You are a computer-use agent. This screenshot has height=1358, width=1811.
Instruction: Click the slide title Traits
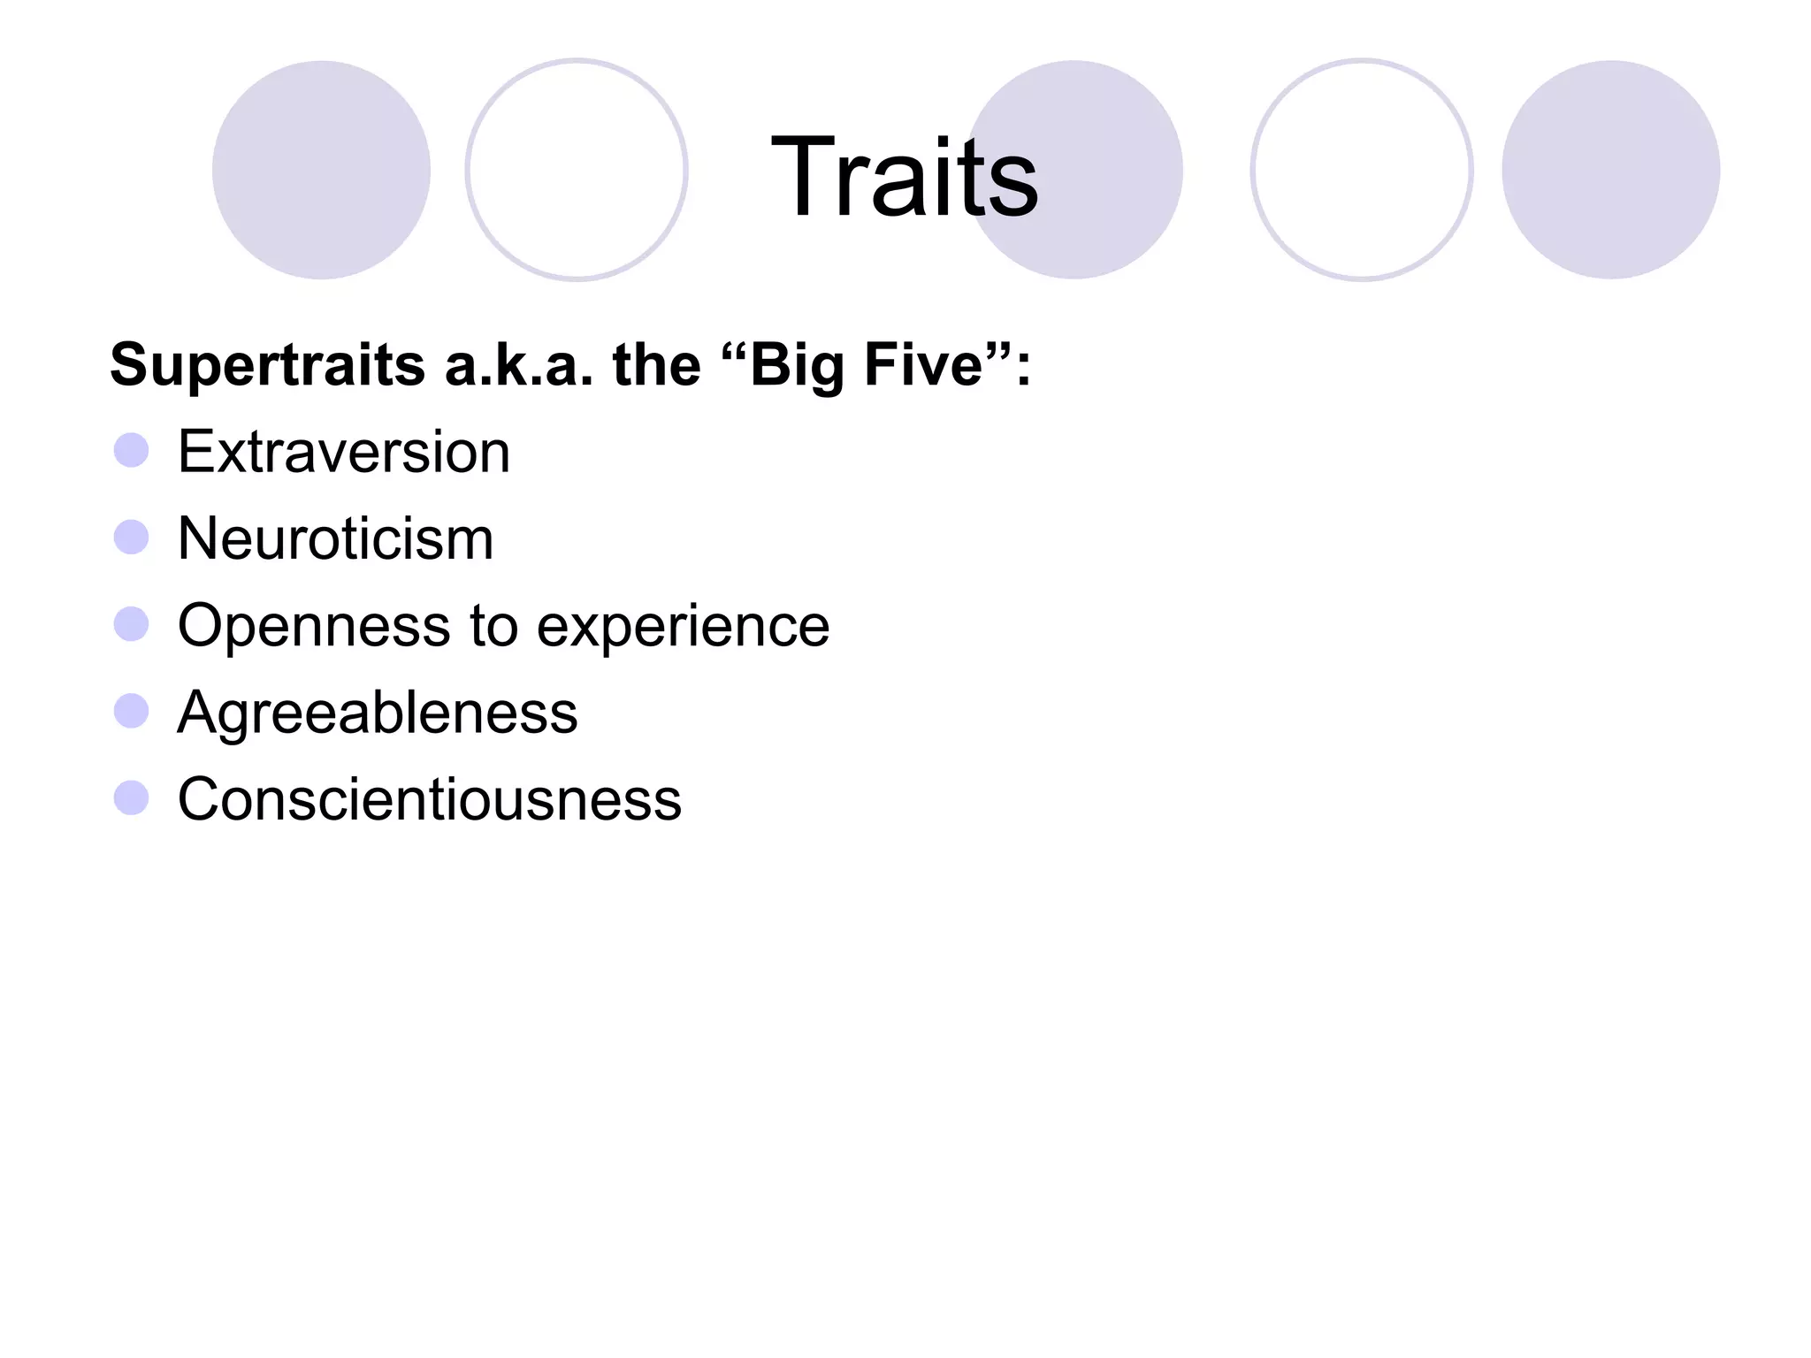point(905,176)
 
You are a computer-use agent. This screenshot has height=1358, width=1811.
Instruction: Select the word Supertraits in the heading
point(267,365)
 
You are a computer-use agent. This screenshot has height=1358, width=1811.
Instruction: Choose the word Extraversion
point(344,452)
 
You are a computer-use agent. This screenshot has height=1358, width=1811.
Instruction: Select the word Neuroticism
point(335,538)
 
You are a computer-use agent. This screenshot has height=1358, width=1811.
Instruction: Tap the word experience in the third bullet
point(684,626)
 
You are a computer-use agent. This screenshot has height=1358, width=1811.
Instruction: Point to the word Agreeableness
point(378,713)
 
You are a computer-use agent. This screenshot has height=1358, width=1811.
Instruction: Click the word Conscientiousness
point(430,799)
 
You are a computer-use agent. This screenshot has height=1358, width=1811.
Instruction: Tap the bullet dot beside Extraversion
point(132,450)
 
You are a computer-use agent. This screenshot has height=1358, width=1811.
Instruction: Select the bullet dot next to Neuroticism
point(132,537)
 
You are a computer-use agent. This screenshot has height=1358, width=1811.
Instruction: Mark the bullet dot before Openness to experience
point(132,624)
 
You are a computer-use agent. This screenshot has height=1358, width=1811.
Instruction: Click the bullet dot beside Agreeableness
point(132,711)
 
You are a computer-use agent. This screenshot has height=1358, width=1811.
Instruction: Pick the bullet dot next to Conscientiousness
point(132,797)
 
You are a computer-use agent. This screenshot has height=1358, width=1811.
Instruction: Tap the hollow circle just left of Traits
point(577,170)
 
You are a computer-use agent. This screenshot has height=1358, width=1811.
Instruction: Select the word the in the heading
point(656,365)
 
